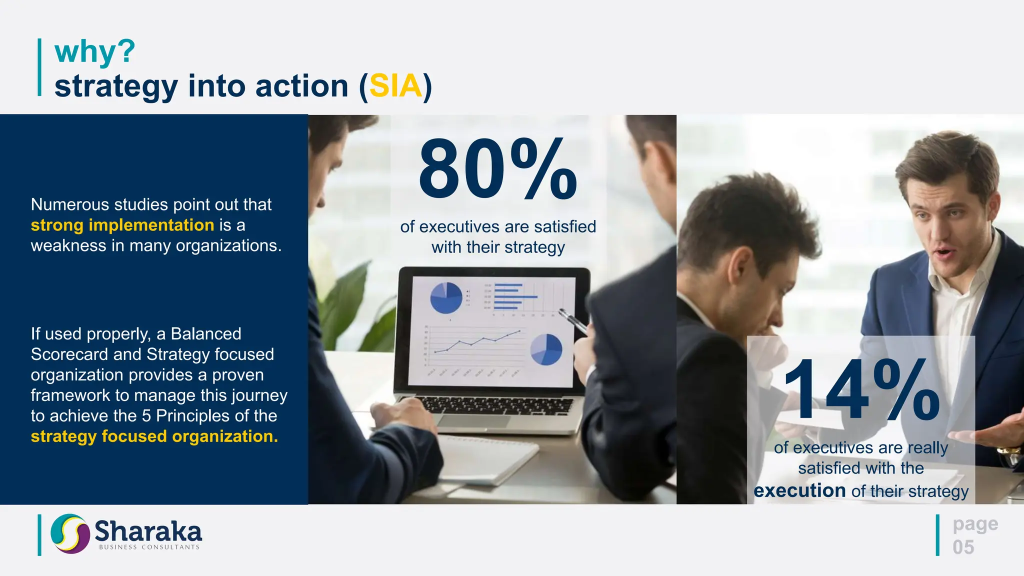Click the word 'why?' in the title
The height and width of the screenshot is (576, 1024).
click(94, 51)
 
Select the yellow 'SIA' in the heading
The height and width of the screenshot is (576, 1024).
click(395, 86)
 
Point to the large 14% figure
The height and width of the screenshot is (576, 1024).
click(861, 390)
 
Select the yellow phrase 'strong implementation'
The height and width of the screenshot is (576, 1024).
click(122, 225)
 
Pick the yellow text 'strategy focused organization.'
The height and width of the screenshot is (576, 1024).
click(154, 436)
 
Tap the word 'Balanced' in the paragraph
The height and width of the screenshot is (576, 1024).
click(206, 333)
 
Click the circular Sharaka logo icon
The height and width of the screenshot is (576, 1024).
click(70, 533)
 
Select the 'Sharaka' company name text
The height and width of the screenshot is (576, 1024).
click(148, 530)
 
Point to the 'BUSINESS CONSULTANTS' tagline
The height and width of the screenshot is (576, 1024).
click(149, 547)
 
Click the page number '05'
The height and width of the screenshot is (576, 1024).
click(963, 547)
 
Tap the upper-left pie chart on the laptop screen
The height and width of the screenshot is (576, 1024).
click(446, 298)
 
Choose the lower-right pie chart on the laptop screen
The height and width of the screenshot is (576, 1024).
click(546, 349)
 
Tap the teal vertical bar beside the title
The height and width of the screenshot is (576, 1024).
click(39, 67)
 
